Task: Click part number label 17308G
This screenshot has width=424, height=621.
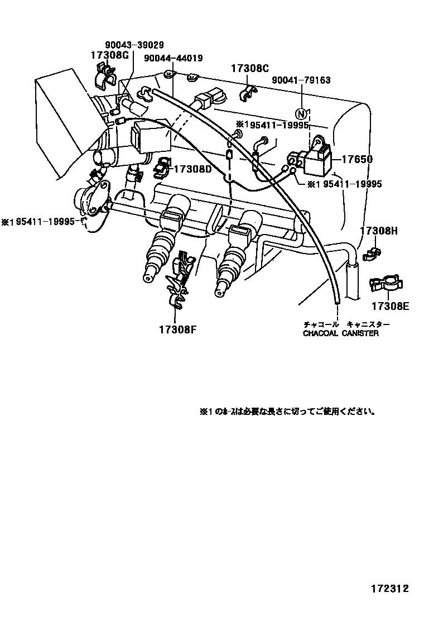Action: (x=110, y=55)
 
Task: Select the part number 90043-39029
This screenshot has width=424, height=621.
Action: (x=134, y=45)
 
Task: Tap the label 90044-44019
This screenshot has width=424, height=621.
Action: (x=173, y=58)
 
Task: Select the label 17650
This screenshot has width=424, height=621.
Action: (x=358, y=159)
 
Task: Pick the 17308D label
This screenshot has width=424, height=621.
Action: (x=193, y=168)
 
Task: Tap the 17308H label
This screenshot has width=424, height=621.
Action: (x=378, y=230)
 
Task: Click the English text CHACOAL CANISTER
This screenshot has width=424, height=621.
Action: (x=340, y=333)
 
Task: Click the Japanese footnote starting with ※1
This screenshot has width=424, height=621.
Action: (x=287, y=412)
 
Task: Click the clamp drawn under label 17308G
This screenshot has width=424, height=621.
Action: (x=104, y=75)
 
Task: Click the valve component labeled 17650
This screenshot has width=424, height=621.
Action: (x=315, y=158)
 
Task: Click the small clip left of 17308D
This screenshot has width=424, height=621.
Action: (x=161, y=166)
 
